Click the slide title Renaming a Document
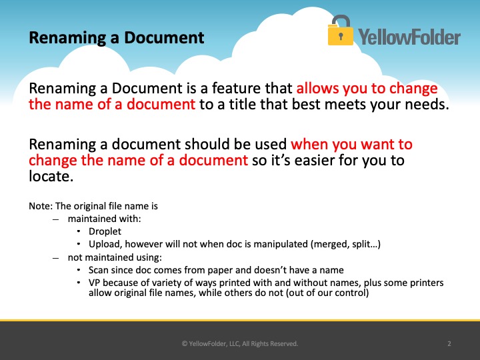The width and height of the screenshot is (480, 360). point(116,38)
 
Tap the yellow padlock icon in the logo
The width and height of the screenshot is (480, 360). point(341,31)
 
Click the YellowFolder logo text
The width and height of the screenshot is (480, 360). point(409,37)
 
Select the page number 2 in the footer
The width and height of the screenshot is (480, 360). point(449,344)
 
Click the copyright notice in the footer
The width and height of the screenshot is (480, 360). point(240,344)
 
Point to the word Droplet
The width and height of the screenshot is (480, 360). point(105,231)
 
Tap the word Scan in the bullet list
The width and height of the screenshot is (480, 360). point(98,270)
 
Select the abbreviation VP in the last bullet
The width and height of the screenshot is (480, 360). point(95,283)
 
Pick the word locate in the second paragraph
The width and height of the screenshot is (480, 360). point(49,176)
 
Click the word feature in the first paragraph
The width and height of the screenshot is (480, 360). point(237,88)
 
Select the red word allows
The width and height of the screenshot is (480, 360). point(317,88)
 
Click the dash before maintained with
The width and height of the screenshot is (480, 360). point(55,219)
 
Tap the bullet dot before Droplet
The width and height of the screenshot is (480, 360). point(79,231)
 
